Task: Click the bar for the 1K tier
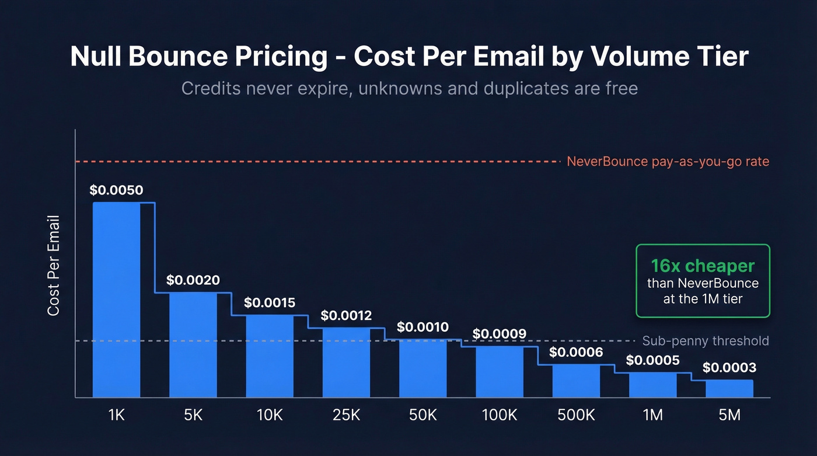click(x=116, y=300)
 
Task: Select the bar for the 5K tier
click(x=193, y=344)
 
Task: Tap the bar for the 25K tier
click(x=346, y=362)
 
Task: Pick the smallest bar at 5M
click(x=729, y=388)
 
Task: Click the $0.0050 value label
click(x=116, y=190)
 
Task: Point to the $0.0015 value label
click(x=270, y=302)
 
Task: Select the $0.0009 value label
click(x=499, y=334)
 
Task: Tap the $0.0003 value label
click(x=729, y=368)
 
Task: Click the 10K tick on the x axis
click(x=270, y=415)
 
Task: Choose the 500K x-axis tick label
click(x=576, y=415)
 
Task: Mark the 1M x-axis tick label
click(x=652, y=415)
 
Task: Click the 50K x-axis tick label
click(x=423, y=415)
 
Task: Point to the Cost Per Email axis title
click(x=54, y=266)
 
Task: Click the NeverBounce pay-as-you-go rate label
click(x=668, y=162)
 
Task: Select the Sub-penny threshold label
click(x=705, y=341)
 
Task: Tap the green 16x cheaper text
click(x=703, y=266)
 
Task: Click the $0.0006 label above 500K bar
click(x=576, y=353)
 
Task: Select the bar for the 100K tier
click(x=499, y=371)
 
